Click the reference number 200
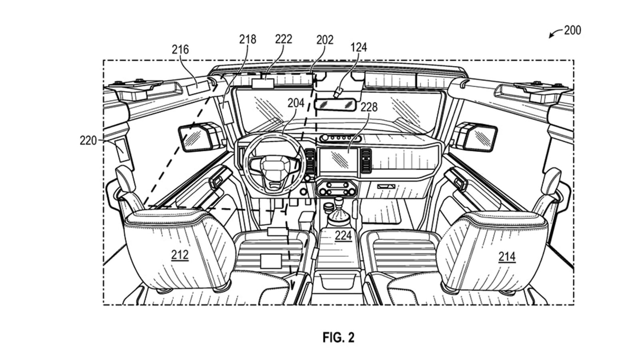[572, 30]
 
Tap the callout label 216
[180, 50]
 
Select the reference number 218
[248, 39]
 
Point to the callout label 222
[284, 39]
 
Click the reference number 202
[324, 40]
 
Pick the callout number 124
[358, 47]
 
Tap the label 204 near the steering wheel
[296, 103]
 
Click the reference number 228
[369, 107]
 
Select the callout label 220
[88, 140]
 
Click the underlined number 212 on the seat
[180, 255]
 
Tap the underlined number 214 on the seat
[507, 256]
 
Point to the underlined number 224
[343, 236]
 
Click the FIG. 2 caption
[338, 338]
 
